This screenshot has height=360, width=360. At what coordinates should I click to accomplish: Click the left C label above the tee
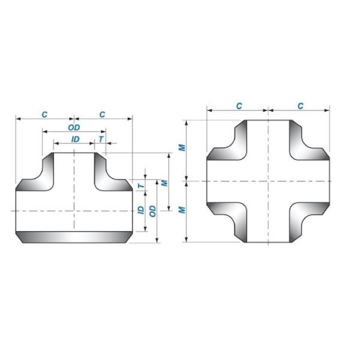tap(44, 114)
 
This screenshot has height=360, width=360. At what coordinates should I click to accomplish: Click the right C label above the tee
tap(103, 114)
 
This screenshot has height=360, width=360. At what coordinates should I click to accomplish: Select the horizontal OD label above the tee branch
tap(74, 127)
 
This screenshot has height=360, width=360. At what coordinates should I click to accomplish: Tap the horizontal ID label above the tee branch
tap(75, 139)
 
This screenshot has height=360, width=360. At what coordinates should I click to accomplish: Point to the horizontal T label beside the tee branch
tap(101, 139)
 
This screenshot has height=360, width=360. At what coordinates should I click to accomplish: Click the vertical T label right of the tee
tap(141, 186)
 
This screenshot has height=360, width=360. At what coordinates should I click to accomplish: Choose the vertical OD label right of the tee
tap(153, 211)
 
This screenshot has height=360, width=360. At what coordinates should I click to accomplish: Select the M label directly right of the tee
tap(164, 182)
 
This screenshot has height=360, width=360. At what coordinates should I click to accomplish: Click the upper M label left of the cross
tap(183, 148)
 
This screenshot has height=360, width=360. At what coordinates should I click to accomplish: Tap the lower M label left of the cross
tap(183, 209)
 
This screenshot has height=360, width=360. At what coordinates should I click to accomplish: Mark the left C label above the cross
tap(239, 106)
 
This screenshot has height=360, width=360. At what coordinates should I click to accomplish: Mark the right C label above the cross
tap(300, 106)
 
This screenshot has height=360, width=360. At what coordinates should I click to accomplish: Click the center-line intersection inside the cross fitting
tap(268, 181)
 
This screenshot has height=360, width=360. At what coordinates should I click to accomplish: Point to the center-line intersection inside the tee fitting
tap(74, 211)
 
